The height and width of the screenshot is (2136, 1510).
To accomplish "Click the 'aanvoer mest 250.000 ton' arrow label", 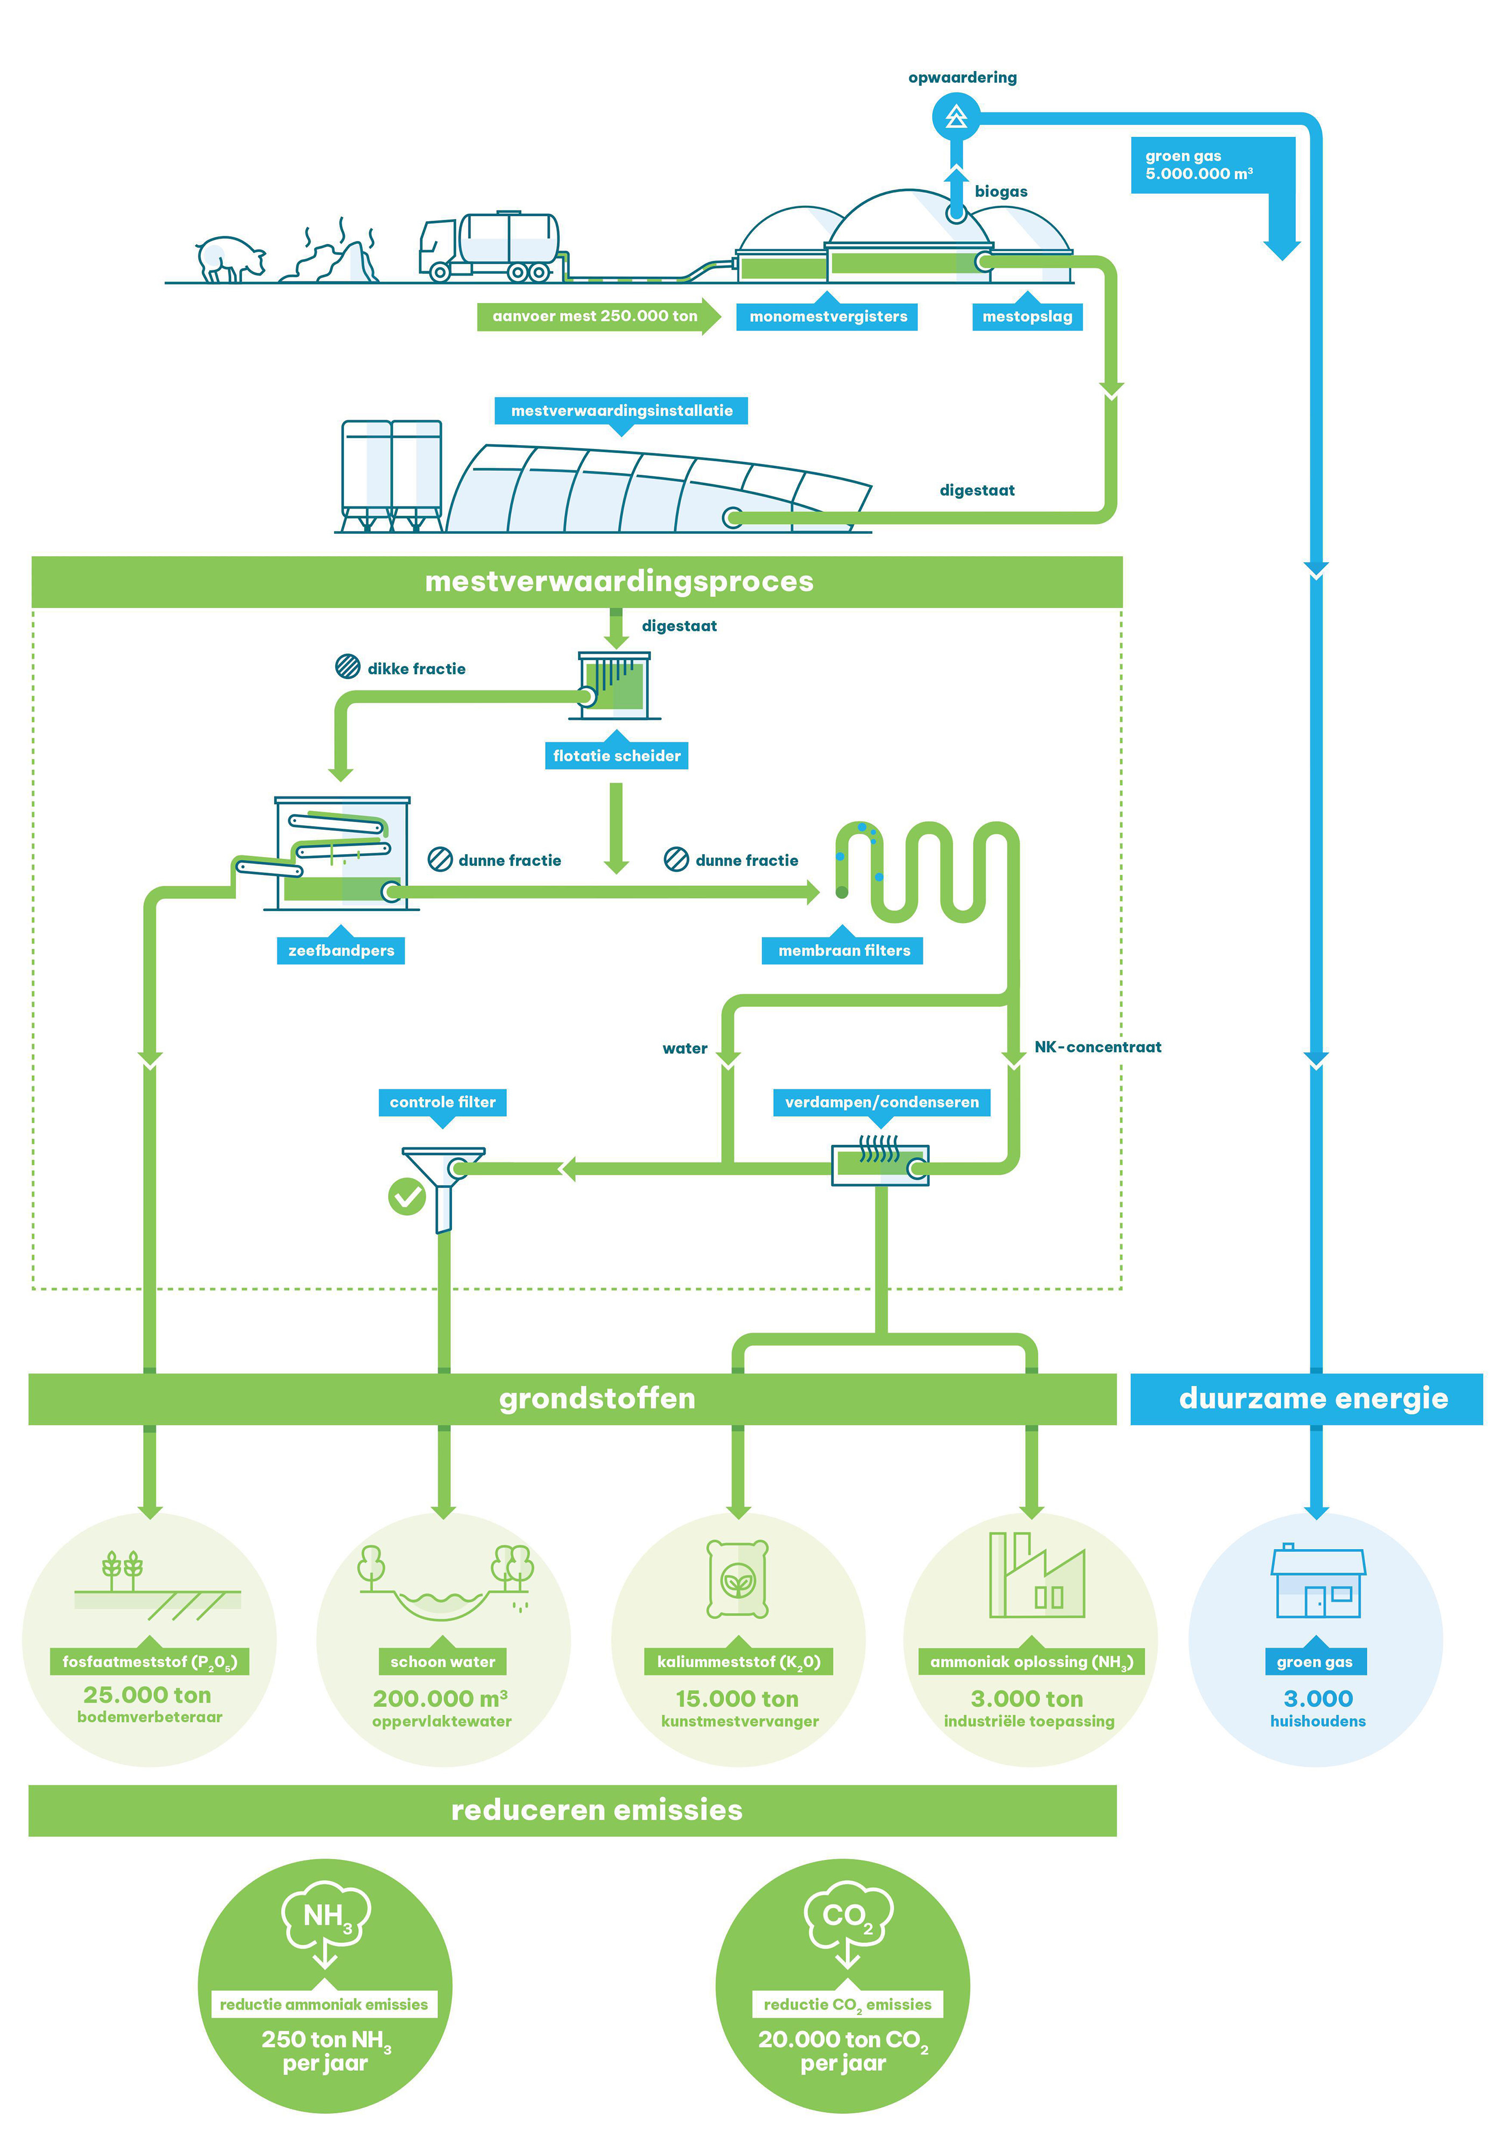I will pos(595,316).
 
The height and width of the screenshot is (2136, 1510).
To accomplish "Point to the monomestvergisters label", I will pos(828,316).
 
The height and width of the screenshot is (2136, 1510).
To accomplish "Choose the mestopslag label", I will pos(1027,316).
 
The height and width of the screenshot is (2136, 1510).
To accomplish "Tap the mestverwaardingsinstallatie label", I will pos(622,410).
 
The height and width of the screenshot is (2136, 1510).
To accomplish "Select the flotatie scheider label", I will pos(616,756).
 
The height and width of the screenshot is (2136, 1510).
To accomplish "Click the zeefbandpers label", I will pos(341,950).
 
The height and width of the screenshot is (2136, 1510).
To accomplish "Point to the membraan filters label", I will pos(843,950).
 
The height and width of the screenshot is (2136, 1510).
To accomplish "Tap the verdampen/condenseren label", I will pos(881,1102).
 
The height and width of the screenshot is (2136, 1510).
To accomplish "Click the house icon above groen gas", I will pos(1317,1582).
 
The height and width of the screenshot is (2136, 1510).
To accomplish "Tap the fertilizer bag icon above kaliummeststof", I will pos(738,1579).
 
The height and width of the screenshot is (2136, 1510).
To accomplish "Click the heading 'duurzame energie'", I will pos(1312,1398).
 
